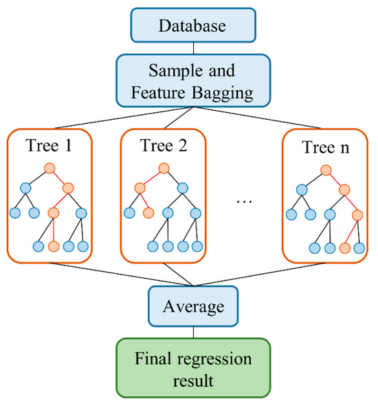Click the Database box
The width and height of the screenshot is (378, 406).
(x=193, y=25)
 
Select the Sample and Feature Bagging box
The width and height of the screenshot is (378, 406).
(x=193, y=81)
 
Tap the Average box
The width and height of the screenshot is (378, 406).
(x=193, y=306)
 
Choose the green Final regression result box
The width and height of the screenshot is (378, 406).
(x=193, y=367)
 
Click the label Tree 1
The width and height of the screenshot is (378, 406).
(x=49, y=145)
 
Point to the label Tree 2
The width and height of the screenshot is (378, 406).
(x=164, y=145)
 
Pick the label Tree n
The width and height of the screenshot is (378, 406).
(x=326, y=147)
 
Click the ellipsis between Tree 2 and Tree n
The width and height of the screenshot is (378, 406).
(x=245, y=202)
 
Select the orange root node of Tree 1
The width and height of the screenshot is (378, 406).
(x=49, y=169)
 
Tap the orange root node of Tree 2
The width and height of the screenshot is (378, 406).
(x=164, y=169)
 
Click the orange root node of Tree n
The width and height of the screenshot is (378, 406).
(x=326, y=170)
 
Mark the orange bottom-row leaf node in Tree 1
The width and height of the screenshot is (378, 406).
(x=54, y=246)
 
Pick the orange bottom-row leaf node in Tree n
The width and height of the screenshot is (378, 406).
(x=344, y=248)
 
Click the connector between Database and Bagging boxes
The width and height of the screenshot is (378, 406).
(x=193, y=48)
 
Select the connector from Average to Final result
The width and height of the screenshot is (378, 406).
(x=193, y=332)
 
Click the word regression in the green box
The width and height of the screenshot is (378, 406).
(x=214, y=360)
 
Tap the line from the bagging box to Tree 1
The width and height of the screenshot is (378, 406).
(x=124, y=118)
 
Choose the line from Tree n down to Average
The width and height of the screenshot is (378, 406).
(x=259, y=275)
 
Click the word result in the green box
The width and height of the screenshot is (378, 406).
(x=193, y=381)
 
